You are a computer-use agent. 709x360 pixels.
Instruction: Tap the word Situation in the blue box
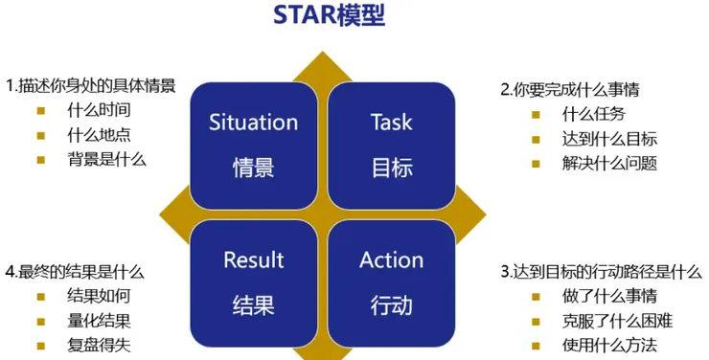click(x=253, y=123)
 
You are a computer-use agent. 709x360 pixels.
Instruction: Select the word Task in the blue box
click(x=391, y=123)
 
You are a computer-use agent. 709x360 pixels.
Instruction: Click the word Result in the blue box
click(x=253, y=259)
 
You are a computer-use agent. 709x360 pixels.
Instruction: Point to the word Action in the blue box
click(x=391, y=259)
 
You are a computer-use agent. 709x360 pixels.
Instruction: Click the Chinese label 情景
click(x=253, y=168)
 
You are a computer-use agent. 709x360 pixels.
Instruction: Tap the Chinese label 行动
click(x=391, y=305)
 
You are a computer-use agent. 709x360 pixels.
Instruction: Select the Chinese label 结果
click(x=253, y=305)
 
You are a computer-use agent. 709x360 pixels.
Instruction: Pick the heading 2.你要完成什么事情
click(x=570, y=90)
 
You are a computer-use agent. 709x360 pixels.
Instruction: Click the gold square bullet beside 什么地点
click(x=41, y=134)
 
